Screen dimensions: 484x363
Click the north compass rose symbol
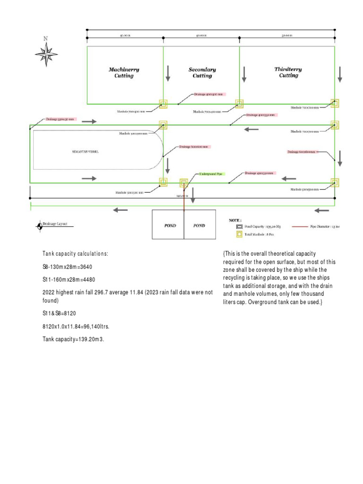click(x=46, y=53)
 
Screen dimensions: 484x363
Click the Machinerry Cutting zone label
click(x=124, y=72)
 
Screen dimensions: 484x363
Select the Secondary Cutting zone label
click(x=202, y=72)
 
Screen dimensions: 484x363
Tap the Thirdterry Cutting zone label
click(x=288, y=72)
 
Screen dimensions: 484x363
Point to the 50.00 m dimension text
click(x=287, y=35)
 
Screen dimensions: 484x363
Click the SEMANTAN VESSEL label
click(x=86, y=152)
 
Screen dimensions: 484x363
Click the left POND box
click(x=170, y=225)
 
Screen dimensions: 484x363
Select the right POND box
click(x=199, y=225)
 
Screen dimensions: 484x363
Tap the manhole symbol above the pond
click(x=183, y=182)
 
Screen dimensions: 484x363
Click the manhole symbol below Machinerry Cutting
click(x=163, y=104)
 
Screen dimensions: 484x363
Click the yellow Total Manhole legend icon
click(x=240, y=234)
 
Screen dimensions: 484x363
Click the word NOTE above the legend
click(x=235, y=220)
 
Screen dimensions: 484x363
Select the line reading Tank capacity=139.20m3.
click(x=73, y=339)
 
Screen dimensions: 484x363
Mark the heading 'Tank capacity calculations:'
click(x=75, y=254)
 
